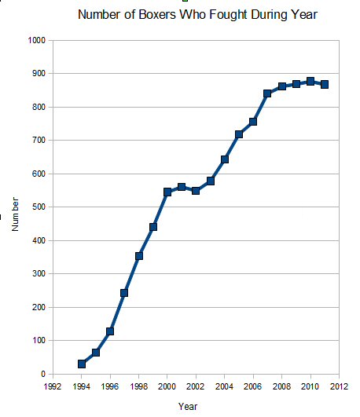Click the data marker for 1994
tap(82, 364)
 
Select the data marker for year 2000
tap(167, 192)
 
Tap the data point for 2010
tap(310, 82)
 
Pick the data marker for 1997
tap(124, 293)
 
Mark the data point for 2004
tap(225, 159)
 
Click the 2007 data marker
tap(267, 93)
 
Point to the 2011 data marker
tap(325, 85)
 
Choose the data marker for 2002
tap(196, 191)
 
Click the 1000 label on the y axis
tap(37, 40)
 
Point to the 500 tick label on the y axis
tap(39, 207)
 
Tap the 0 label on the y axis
tap(43, 374)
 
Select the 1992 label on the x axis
tap(53, 386)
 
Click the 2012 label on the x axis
tap(339, 386)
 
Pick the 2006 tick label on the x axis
tap(253, 386)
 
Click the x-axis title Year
tap(188, 406)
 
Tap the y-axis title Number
tap(15, 214)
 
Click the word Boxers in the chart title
tap(157, 15)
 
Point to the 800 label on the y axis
tap(39, 107)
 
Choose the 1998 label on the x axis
tap(138, 386)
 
